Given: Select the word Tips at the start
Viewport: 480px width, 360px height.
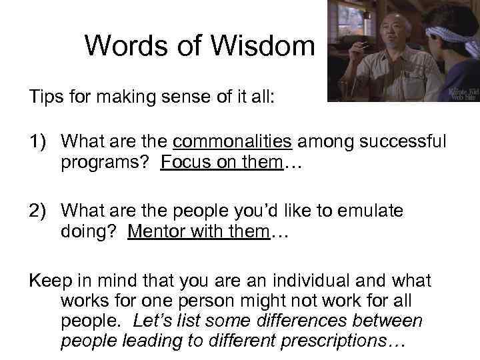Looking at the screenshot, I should coord(45,98).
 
